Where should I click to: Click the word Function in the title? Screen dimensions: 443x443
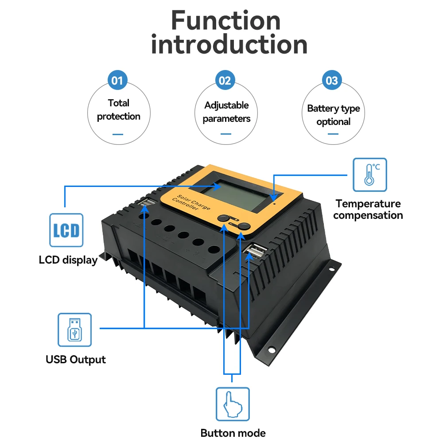pyautogui.click(x=226, y=21)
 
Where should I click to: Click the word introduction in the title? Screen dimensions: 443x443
pyautogui.click(x=229, y=45)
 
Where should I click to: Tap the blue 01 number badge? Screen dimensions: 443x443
pyautogui.click(x=117, y=81)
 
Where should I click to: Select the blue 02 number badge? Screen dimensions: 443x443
pyautogui.click(x=225, y=81)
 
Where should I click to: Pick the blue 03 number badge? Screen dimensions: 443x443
pyautogui.click(x=332, y=81)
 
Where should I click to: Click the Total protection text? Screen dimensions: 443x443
pyautogui.click(x=119, y=109)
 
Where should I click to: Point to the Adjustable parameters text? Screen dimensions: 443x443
pyautogui.click(x=226, y=112)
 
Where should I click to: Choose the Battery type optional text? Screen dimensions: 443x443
pyautogui.click(x=334, y=115)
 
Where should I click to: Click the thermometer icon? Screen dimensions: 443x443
pyautogui.click(x=369, y=175)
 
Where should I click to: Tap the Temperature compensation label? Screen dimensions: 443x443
pyautogui.click(x=368, y=210)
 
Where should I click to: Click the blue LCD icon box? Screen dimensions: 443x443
pyautogui.click(x=66, y=230)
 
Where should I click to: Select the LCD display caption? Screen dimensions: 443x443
pyautogui.click(x=68, y=260)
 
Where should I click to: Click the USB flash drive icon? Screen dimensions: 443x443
pyautogui.click(x=74, y=330)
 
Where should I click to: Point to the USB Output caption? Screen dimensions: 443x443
pyautogui.click(x=76, y=359)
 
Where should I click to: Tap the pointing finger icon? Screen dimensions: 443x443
pyautogui.click(x=233, y=404)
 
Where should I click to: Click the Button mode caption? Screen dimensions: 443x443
pyautogui.click(x=233, y=433)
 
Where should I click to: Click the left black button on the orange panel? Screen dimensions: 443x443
pyautogui.click(x=224, y=218)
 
